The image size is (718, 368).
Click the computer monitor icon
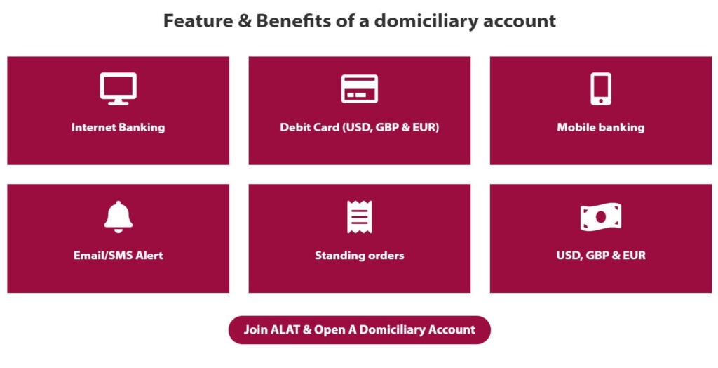(x=118, y=88)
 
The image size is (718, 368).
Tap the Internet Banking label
(x=118, y=128)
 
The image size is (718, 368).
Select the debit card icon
(x=359, y=89)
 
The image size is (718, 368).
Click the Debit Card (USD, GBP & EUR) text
(x=359, y=128)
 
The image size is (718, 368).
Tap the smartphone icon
(x=600, y=88)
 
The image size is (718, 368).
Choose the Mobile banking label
(x=600, y=128)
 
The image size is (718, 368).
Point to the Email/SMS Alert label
(x=118, y=256)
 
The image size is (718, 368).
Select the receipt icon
(x=359, y=216)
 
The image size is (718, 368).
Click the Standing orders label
(x=359, y=256)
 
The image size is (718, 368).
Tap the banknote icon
(x=600, y=217)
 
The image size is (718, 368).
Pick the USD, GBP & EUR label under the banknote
(x=600, y=256)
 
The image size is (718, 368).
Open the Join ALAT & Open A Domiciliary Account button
(x=359, y=330)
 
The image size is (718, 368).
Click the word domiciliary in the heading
(x=424, y=21)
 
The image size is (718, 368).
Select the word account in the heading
(x=520, y=21)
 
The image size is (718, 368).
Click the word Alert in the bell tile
(x=149, y=256)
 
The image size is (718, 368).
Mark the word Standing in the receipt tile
(x=339, y=256)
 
